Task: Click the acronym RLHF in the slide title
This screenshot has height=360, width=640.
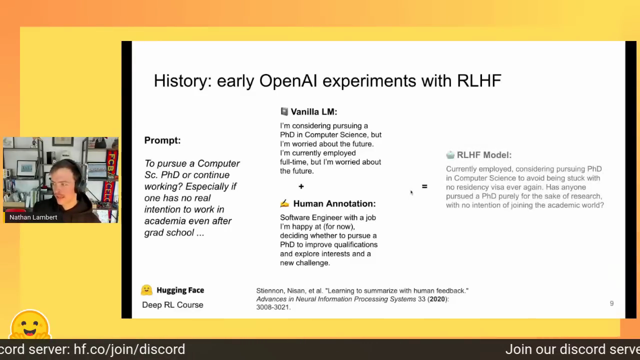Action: [479, 80]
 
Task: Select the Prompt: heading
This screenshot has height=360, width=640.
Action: [162, 140]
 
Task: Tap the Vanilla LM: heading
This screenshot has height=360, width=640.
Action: [313, 111]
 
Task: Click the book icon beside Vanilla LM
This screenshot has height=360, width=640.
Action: [284, 111]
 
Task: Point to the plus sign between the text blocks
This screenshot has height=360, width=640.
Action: [301, 186]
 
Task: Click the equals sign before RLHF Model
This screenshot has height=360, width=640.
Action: [424, 186]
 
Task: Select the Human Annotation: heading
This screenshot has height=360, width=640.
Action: [334, 203]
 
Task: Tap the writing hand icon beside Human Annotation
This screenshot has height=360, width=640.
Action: [284, 203]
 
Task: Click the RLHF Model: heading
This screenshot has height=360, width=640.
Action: [484, 155]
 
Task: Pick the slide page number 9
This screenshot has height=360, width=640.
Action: [611, 303]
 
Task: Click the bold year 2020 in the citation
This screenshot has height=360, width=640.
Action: [437, 299]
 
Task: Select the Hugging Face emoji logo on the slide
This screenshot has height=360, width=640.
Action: [146, 290]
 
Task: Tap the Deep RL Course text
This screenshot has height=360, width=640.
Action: [172, 305]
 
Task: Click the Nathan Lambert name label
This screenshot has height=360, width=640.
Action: [33, 217]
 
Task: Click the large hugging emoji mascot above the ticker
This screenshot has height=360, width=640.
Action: [30, 325]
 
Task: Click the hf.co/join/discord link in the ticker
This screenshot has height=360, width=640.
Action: [129, 349]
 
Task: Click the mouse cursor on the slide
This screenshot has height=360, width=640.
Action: [411, 193]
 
